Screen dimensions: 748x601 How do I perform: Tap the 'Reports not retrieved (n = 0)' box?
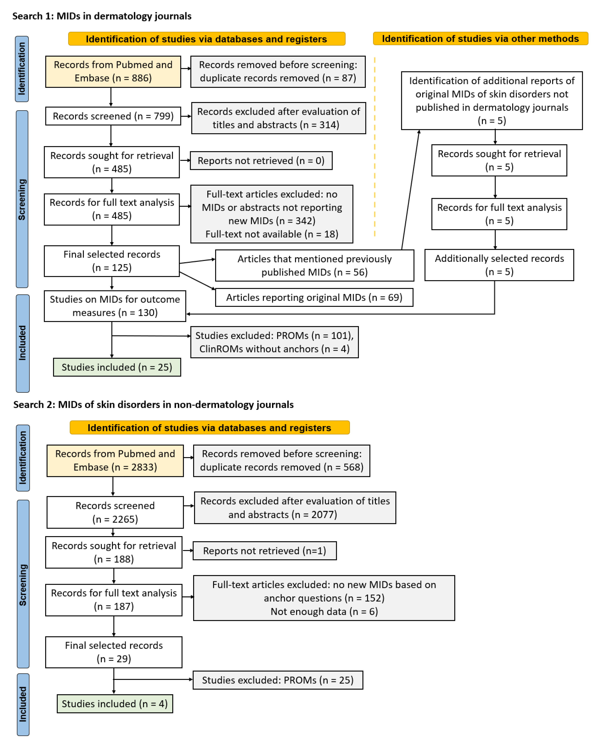261,161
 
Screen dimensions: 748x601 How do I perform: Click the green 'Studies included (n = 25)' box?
117,367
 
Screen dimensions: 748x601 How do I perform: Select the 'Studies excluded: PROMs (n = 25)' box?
278,680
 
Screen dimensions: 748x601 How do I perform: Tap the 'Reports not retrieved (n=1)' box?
264,551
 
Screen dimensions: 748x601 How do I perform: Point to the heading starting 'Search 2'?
153,405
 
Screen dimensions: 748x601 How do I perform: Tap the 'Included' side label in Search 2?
23,704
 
